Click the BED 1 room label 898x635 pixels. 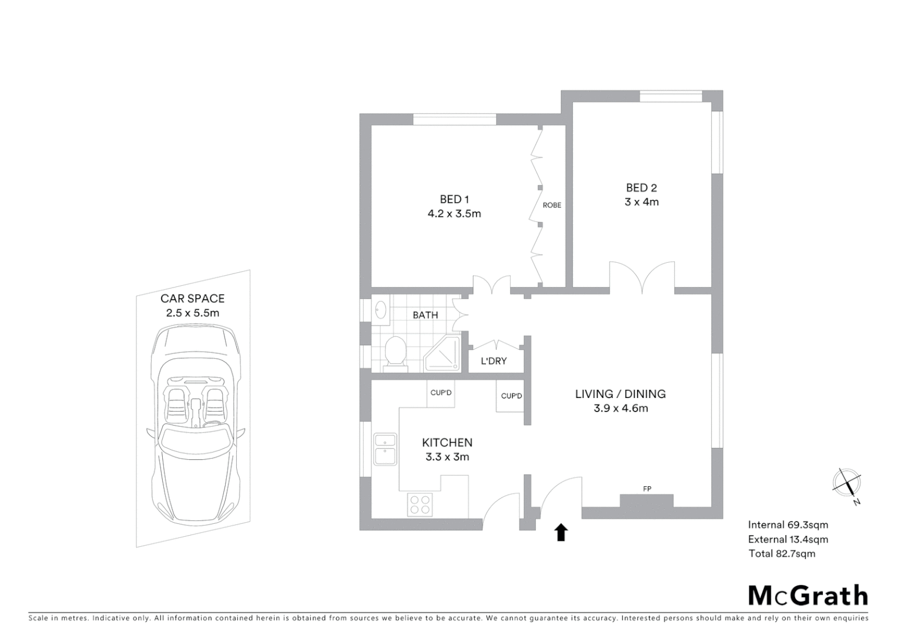point(454,199)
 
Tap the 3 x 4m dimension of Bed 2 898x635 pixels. point(641,202)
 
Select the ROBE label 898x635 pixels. point(552,205)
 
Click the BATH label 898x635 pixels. point(425,315)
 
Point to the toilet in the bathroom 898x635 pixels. point(395,353)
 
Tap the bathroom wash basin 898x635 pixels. point(380,310)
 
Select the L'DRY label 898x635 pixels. point(494,361)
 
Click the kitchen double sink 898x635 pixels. point(386,448)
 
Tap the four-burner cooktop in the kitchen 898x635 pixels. point(420,504)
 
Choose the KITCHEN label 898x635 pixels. point(447,443)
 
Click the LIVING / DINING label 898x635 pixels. point(620,394)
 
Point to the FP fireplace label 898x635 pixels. point(647,489)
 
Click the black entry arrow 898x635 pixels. point(561,532)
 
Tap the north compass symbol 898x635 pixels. point(847,483)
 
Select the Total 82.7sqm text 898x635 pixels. point(782,553)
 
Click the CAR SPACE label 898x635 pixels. point(192,299)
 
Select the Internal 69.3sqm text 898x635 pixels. point(788,525)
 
